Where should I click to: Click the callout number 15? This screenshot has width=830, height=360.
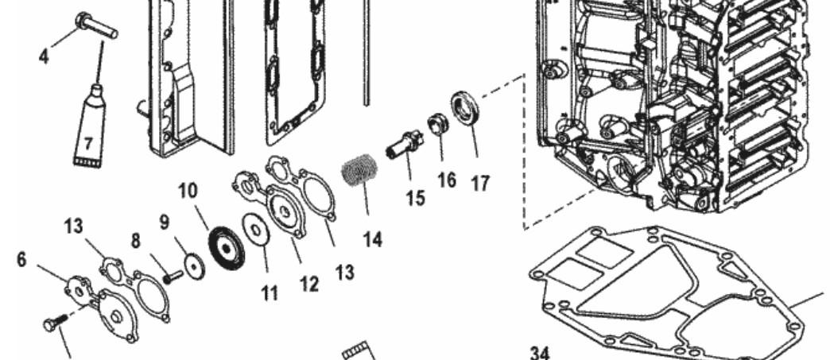pyautogui.click(x=416, y=197)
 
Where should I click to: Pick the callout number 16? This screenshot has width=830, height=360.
pyautogui.click(x=447, y=180)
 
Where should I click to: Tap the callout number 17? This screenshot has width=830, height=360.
pyautogui.click(x=479, y=184)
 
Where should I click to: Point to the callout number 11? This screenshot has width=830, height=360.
pyautogui.click(x=270, y=293)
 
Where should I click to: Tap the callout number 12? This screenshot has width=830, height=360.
pyautogui.click(x=308, y=283)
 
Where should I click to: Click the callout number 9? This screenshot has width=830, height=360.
pyautogui.click(x=164, y=222)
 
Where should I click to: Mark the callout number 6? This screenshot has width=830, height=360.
pyautogui.click(x=21, y=260)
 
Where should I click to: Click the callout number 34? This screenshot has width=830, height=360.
pyautogui.click(x=539, y=352)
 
